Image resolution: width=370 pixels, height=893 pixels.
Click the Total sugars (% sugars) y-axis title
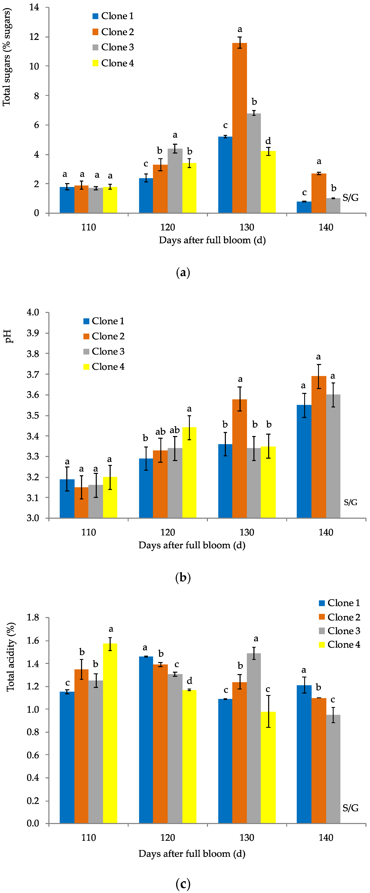[7, 57]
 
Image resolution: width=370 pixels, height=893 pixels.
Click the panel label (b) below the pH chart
[183, 578]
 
